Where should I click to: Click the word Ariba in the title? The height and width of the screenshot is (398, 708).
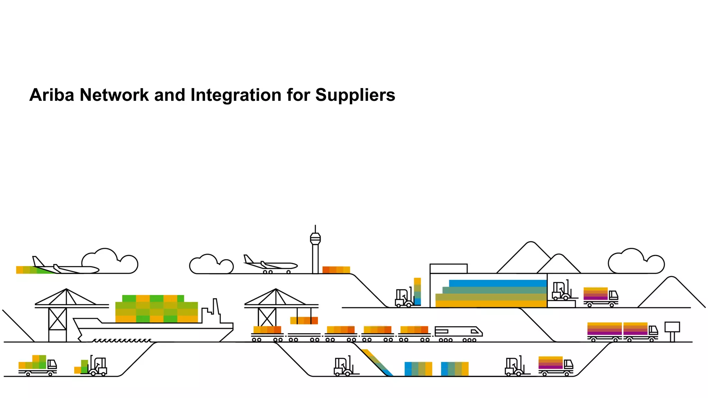coord(52,95)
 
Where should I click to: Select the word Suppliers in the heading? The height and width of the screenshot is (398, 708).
coord(355,95)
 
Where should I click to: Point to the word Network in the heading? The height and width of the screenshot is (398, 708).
coord(114,95)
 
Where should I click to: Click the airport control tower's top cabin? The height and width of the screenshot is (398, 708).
coord(315,238)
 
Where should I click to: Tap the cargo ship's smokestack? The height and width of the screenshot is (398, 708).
coord(216,307)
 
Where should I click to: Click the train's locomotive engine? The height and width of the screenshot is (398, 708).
coord(458,332)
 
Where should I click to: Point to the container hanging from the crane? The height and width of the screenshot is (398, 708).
coord(304,321)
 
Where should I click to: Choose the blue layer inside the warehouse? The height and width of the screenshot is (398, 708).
coord(498,284)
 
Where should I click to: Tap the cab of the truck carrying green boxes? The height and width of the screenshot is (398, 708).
coord(52,365)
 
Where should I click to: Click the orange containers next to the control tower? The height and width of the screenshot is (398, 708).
coord(336,270)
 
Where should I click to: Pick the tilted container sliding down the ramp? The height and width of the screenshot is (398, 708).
coord(377,362)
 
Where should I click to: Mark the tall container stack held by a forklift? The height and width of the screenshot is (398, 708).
coord(417,292)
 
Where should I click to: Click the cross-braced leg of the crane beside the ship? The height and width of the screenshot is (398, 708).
coord(57,319)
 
